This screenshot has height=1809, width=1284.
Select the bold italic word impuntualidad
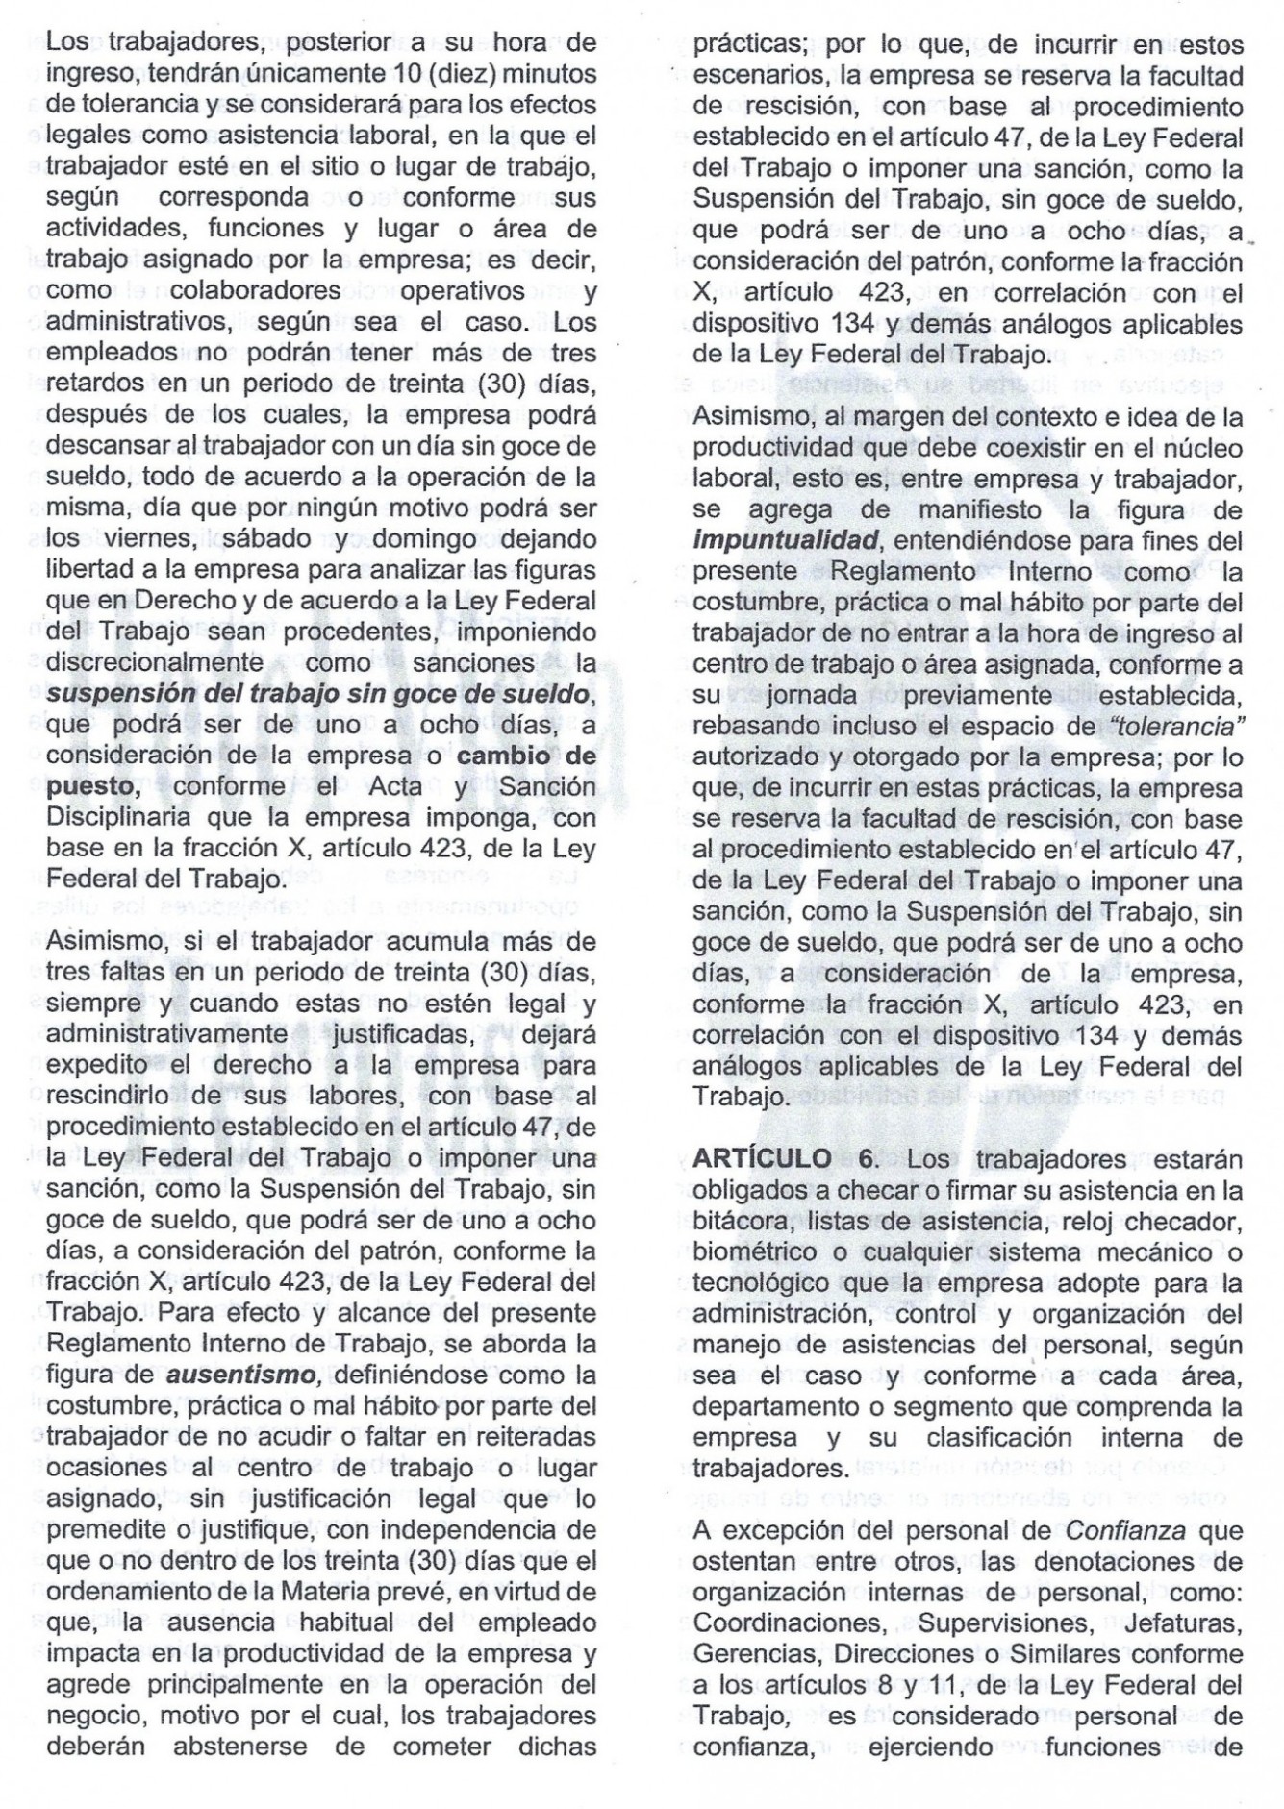coord(785,540)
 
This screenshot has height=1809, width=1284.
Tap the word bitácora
coord(743,1222)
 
